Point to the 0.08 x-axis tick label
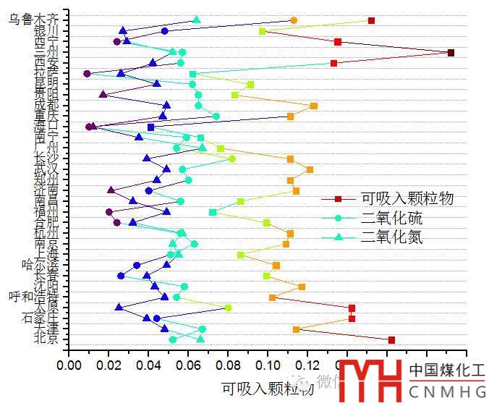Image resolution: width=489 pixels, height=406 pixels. click(228, 366)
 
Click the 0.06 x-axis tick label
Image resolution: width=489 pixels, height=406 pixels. click(188, 366)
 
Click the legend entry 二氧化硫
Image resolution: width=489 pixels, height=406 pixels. click(394, 218)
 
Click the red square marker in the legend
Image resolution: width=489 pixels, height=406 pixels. click(338, 199)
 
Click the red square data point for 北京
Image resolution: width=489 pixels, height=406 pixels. click(391, 339)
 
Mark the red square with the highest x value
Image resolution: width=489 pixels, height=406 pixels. click(451, 53)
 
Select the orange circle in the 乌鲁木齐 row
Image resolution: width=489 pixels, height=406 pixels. click(293, 20)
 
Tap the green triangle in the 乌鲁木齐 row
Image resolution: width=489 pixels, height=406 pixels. click(197, 20)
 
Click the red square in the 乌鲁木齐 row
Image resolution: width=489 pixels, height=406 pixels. click(371, 20)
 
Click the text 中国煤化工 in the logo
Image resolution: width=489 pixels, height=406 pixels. click(446, 371)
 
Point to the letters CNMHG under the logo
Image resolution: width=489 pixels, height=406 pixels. click(446, 392)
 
